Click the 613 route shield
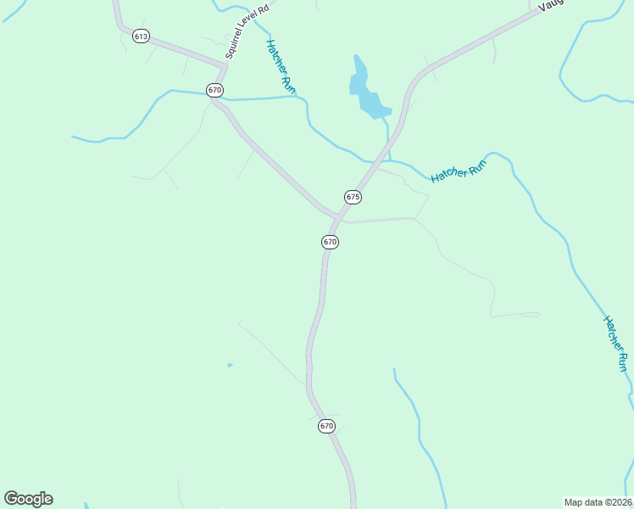pos(141,35)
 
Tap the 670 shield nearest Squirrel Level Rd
pos(214,90)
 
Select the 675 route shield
pos(353,197)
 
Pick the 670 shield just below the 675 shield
pos(331,242)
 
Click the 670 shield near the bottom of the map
pos(327,426)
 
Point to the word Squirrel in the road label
pos(234,47)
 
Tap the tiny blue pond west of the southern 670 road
pos(230,366)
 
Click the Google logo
pos(28,499)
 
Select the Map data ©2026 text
pos(598,501)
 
